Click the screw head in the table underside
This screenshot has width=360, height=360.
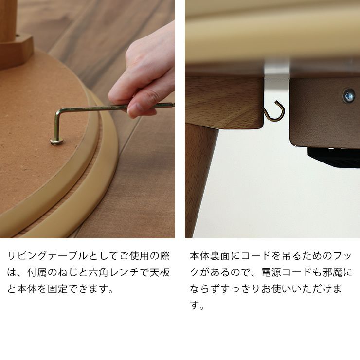pos(56,142)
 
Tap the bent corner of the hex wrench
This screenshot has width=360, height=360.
pos(58,113)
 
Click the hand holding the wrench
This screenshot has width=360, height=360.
pos(146,73)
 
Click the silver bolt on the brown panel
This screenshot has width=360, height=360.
pos(348,95)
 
